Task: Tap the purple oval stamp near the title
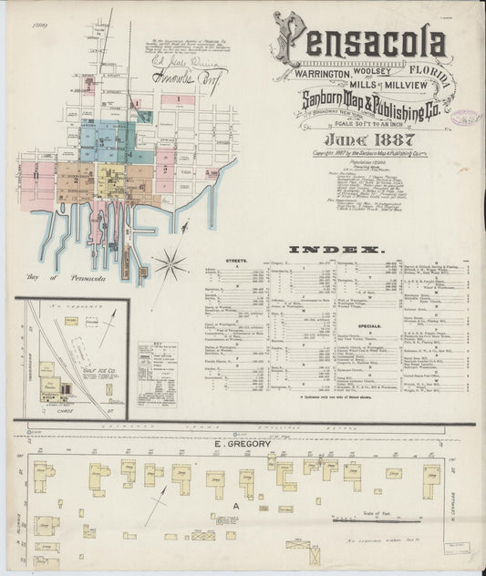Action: (468, 117)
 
